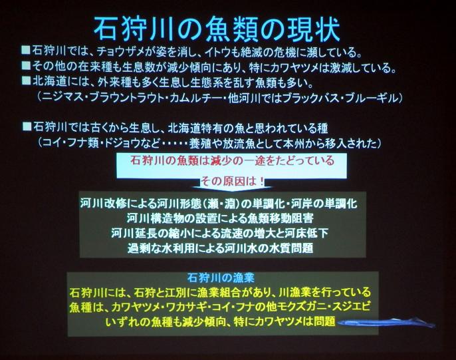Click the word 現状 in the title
click(314, 30)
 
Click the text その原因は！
click(233, 182)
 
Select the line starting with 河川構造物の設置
click(220, 218)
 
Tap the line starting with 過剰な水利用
click(220, 248)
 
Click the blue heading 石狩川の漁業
click(221, 278)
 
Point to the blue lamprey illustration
click(386, 323)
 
